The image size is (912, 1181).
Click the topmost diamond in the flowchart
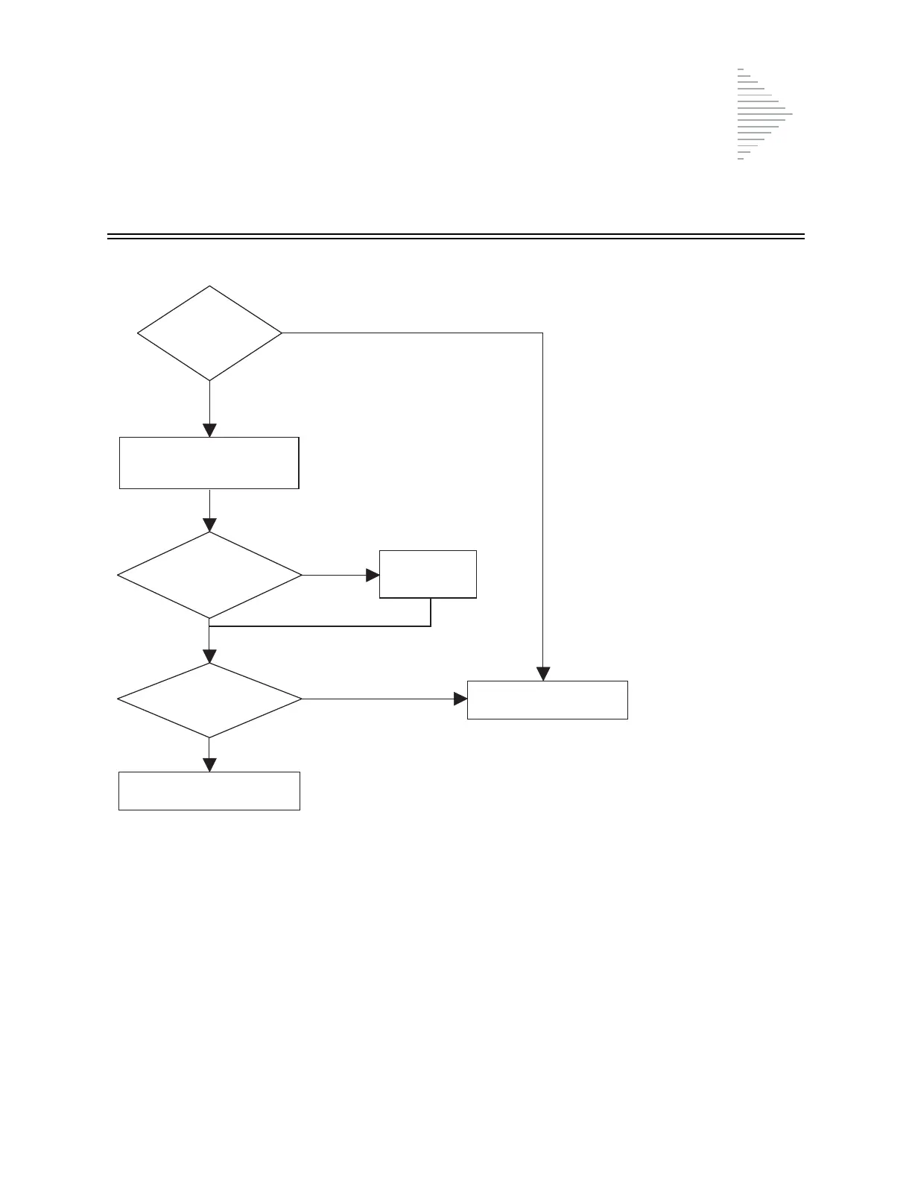[x=209, y=333]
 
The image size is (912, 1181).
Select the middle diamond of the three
[x=209, y=575]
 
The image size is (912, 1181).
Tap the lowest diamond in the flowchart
[x=209, y=699]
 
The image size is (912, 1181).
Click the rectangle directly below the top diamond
[x=209, y=463]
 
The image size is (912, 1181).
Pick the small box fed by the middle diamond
[x=428, y=574]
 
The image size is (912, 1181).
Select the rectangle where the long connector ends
[x=547, y=699]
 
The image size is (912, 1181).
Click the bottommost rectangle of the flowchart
[x=209, y=790]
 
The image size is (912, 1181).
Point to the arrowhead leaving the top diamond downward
[x=209, y=430]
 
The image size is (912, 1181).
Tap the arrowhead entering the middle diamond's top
[x=209, y=525]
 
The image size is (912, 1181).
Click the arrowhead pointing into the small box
[x=373, y=575]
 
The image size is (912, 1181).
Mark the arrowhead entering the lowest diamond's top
[x=209, y=656]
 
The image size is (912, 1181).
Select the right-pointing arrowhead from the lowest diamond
[x=460, y=699]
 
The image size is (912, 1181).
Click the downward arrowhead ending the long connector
[x=543, y=673]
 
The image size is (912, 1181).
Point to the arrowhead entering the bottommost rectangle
[x=209, y=765]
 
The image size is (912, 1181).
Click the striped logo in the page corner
[x=764, y=114]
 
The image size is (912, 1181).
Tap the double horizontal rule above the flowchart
[x=456, y=236]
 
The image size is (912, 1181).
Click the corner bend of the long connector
[x=542, y=333]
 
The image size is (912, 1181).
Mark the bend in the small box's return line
[x=431, y=626]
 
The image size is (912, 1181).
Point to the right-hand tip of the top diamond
[x=281, y=333]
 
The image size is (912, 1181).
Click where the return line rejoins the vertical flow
[x=209, y=626]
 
